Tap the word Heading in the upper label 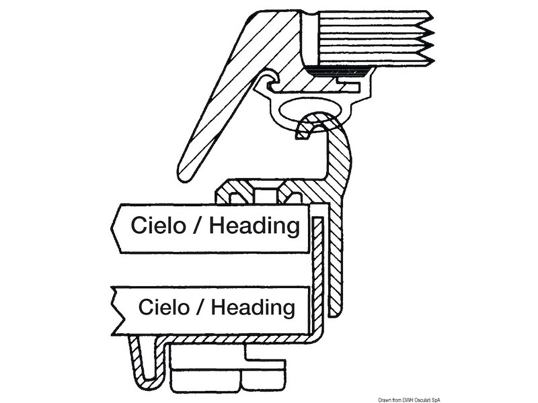(x=254, y=225)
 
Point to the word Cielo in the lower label (x=162, y=308)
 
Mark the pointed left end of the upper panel (x=114, y=226)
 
